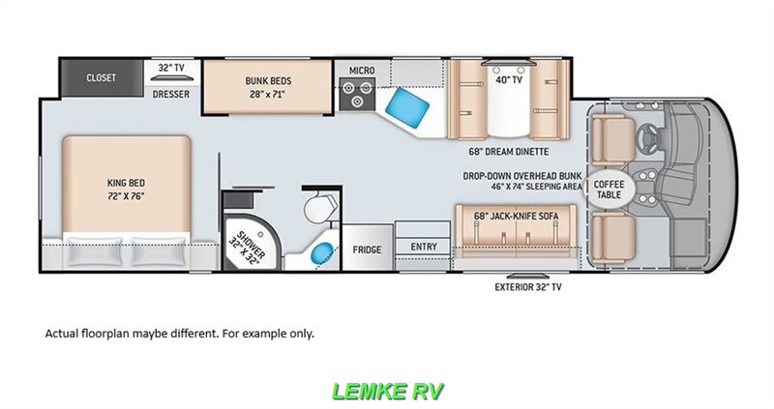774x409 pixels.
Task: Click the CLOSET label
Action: click(x=102, y=78)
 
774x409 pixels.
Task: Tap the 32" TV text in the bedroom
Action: click(x=171, y=68)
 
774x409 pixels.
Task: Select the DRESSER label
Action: click(x=171, y=94)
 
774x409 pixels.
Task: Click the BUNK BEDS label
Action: click(x=268, y=80)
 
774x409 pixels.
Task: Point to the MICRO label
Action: click(x=362, y=71)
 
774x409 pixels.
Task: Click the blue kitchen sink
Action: click(x=407, y=107)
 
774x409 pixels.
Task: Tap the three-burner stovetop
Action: click(x=357, y=94)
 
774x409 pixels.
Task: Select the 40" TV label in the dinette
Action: click(x=509, y=79)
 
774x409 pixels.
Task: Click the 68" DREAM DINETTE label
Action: click(x=509, y=152)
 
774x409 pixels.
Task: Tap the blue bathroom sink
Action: click(x=322, y=253)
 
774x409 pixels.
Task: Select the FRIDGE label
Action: click(x=367, y=249)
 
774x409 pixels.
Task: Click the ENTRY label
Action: click(x=424, y=247)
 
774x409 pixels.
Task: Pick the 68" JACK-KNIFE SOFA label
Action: click(x=516, y=216)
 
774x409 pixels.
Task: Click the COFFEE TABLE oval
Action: click(x=609, y=190)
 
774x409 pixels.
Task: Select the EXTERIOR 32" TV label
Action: click(x=527, y=286)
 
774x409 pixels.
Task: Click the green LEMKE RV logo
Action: click(x=388, y=391)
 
